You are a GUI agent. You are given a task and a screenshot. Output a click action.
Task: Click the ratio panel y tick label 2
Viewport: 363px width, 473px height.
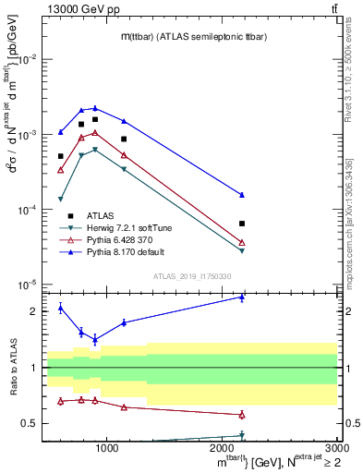tap(33, 311)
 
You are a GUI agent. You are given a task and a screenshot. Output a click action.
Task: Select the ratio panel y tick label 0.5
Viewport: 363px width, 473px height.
tap(30, 424)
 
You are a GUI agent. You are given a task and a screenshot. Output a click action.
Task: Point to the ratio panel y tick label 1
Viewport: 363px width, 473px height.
tap(33, 368)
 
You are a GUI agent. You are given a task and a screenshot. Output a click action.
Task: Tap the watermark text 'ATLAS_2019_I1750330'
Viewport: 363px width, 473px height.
tap(194, 275)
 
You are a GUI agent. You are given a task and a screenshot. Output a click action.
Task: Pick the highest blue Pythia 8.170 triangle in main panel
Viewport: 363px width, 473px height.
tap(95, 108)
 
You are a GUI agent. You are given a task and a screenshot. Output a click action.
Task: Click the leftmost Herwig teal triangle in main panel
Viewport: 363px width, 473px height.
tap(61, 200)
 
